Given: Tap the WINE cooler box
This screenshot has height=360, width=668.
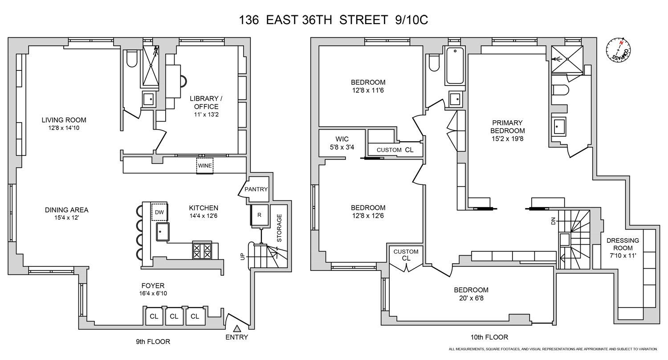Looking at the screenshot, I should [205, 166].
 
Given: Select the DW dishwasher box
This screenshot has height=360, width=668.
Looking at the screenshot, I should [159, 212].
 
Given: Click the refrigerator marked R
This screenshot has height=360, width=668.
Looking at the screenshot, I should [260, 215].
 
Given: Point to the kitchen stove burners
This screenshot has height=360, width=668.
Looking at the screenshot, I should [202, 250].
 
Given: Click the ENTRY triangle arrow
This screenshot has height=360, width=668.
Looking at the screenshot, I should [237, 328].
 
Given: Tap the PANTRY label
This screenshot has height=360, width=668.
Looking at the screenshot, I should [256, 189].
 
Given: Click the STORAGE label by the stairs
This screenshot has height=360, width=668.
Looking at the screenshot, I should [280, 228].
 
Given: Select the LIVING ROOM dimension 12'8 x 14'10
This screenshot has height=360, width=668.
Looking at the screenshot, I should [64, 128].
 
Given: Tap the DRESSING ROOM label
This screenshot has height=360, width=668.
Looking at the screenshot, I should [622, 244].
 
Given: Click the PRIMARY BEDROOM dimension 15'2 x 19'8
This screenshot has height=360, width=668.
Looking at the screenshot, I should [507, 139].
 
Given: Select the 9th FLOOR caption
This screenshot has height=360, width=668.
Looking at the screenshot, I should [153, 342].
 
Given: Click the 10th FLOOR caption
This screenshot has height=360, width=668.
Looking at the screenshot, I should [489, 337].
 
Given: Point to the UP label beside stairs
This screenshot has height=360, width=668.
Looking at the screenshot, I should [242, 257].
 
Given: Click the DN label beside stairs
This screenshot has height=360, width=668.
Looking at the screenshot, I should [554, 221].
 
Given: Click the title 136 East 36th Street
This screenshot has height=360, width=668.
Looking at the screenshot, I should [334, 20].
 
